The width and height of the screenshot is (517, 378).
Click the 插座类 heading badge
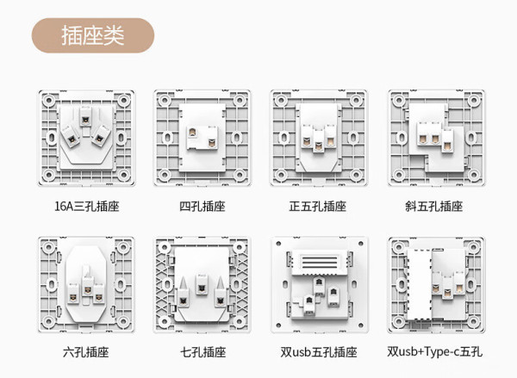click(93, 35)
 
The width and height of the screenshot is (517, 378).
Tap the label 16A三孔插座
click(87, 207)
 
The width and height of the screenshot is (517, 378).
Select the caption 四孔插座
click(202, 207)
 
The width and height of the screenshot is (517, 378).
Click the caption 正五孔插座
click(318, 207)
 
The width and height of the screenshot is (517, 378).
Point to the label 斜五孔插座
click(434, 207)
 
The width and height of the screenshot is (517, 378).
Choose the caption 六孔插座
click(85, 352)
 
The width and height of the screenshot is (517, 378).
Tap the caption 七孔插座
click(202, 352)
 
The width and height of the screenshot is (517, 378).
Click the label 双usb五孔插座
click(319, 352)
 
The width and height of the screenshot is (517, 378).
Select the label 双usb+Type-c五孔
click(434, 351)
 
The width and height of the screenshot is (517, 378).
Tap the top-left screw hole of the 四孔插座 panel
click(164, 101)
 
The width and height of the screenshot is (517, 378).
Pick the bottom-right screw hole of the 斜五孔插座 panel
click(473, 175)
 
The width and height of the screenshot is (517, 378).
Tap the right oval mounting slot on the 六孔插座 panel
click(121, 284)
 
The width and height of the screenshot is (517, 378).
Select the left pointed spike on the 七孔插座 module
click(184, 282)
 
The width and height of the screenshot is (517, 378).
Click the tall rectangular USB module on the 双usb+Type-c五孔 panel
click(419, 285)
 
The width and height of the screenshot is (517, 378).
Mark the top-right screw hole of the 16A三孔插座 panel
click(123, 100)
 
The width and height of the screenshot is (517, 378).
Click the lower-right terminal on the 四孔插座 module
click(212, 143)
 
